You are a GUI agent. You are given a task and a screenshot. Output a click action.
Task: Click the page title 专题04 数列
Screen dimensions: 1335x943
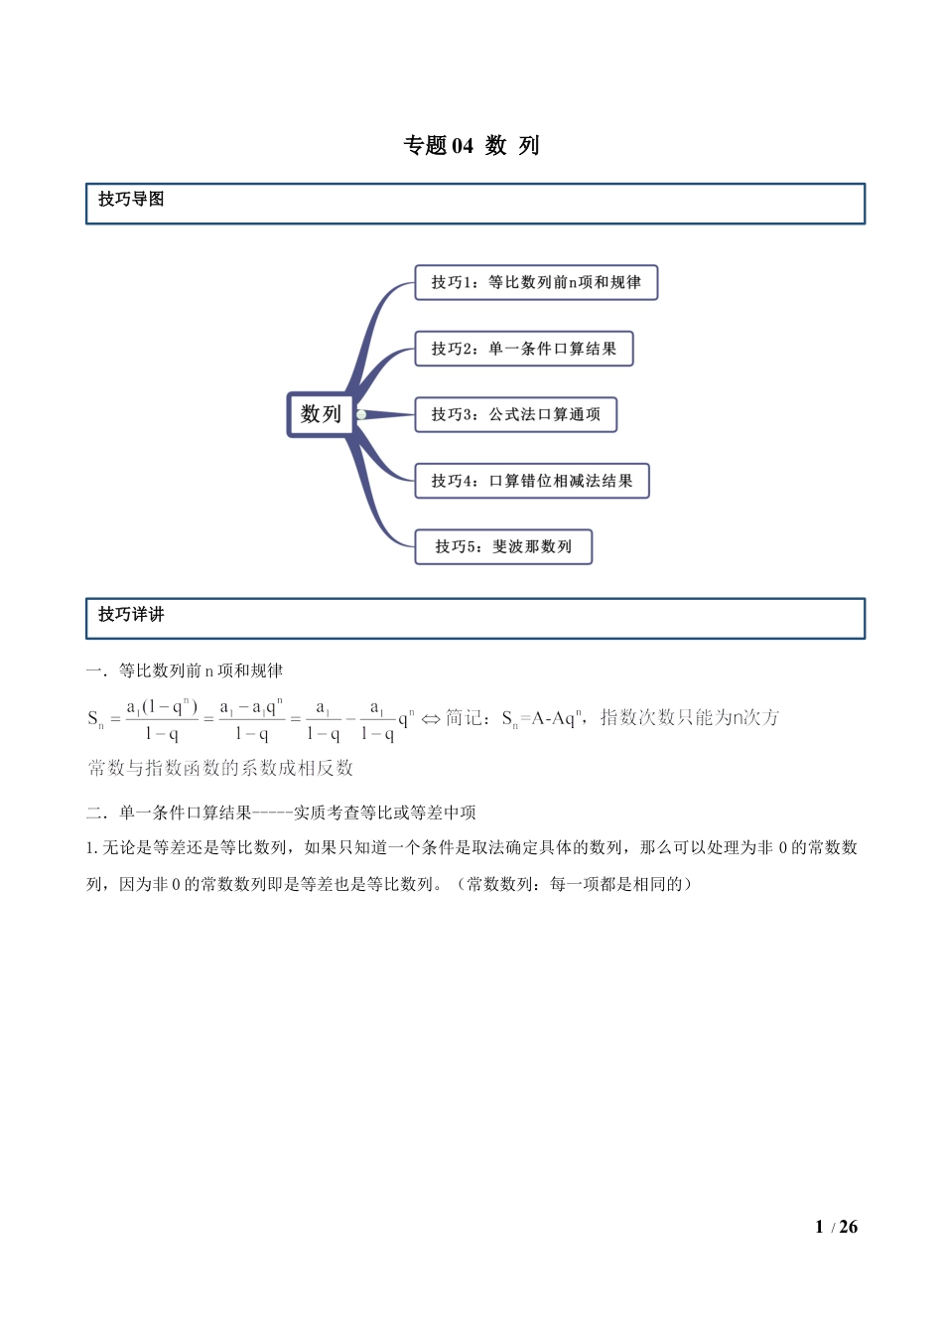pos(471,146)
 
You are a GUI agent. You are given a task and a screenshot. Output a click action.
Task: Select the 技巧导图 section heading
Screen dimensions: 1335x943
pos(131,200)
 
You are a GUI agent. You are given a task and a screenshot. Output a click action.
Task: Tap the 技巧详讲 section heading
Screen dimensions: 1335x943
pos(131,615)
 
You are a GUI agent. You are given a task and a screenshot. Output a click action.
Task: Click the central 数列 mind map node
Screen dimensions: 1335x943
pos(320,414)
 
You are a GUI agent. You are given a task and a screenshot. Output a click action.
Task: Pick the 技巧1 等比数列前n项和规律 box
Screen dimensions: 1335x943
pos(536,282)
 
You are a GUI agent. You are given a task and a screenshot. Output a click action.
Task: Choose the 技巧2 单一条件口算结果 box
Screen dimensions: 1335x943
pos(523,349)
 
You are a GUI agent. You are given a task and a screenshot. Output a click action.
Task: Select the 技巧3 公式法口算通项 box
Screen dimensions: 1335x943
pos(515,414)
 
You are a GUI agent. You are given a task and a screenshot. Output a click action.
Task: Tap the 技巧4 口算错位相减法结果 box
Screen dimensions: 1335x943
pos(531,481)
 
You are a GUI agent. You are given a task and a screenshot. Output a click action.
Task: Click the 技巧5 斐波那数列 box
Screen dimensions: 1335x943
pos(503,546)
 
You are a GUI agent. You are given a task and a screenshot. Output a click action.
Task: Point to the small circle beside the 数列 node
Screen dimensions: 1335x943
pos(361,414)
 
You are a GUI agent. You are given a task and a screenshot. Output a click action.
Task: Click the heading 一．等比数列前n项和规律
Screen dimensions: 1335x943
pos(185,671)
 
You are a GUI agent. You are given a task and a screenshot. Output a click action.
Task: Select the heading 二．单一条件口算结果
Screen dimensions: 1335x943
pos(281,813)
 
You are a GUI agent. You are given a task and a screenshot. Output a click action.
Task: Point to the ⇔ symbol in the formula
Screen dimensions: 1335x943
pos(431,719)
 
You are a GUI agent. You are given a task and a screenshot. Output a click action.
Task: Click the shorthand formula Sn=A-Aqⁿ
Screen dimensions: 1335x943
pos(540,718)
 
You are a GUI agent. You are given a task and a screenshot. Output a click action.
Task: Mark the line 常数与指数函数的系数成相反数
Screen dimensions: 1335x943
pos(220,768)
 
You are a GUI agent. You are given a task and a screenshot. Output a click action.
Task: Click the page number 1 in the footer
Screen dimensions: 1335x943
pos(819,1228)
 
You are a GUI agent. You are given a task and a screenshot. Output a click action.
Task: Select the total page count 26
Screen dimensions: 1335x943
pos(848,1228)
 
